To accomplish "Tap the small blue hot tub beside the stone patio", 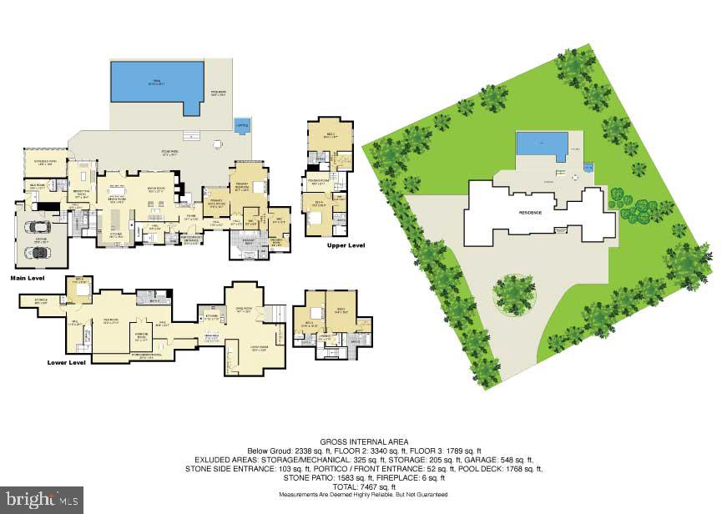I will click(x=242, y=125).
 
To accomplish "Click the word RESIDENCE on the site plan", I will click(x=531, y=213).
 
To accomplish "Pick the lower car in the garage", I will click(x=36, y=248).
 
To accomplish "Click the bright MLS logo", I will click(x=42, y=499).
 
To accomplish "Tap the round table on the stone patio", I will click(x=218, y=144).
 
